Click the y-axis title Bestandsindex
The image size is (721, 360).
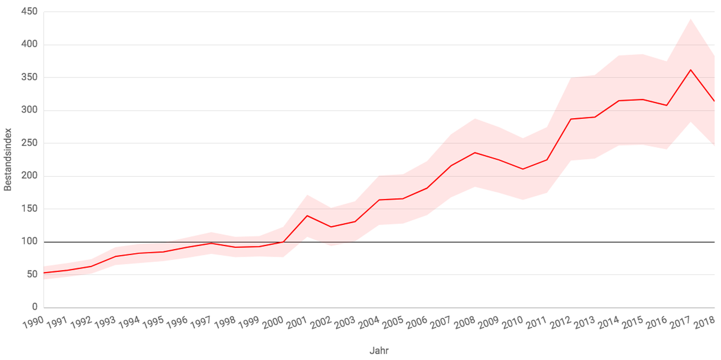tap(8, 160)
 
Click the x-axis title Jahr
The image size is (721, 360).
tap(379, 350)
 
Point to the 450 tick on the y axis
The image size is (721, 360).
tap(30, 12)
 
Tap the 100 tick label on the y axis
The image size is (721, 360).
tap(30, 242)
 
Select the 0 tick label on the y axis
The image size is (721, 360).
tap(34, 307)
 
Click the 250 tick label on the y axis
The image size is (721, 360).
tap(30, 143)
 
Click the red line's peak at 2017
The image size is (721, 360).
tap(690, 70)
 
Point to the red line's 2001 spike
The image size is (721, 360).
tap(307, 215)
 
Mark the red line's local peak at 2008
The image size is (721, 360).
tap(475, 153)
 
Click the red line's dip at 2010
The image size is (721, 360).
tap(523, 169)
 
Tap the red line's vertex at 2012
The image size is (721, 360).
tap(571, 119)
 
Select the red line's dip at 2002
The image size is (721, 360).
tap(331, 227)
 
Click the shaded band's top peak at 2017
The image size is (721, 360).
tap(690, 19)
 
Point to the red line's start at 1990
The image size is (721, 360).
tap(44, 273)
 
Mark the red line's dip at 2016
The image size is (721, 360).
tap(667, 105)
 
